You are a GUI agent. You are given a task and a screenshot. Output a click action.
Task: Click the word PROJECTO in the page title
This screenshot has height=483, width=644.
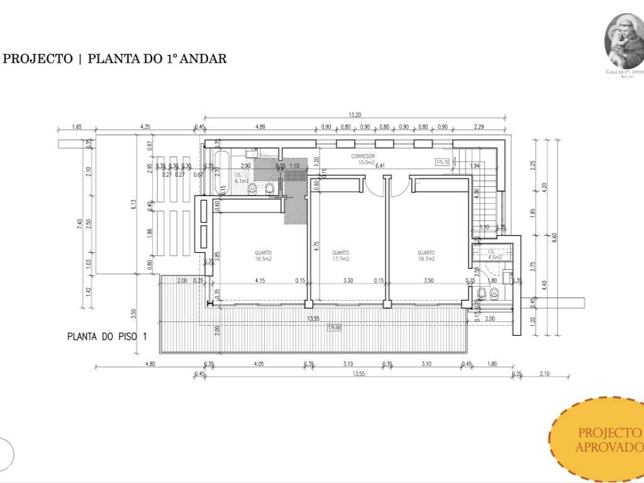tap(38, 59)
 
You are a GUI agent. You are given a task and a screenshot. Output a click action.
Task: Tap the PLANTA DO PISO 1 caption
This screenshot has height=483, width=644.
tap(107, 336)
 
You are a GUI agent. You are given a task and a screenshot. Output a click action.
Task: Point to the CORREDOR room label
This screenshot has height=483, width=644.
tap(363, 155)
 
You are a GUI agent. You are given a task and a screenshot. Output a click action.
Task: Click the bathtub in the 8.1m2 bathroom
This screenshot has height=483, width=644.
tap(221, 172)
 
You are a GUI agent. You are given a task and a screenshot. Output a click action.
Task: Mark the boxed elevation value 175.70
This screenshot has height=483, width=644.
tap(443, 162)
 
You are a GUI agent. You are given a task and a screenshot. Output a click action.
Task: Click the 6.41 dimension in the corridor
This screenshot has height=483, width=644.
tap(380, 166)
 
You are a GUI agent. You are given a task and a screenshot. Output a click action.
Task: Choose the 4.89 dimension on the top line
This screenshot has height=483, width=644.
tap(260, 127)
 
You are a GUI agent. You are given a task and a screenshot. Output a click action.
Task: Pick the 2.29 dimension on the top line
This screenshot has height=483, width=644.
tap(479, 127)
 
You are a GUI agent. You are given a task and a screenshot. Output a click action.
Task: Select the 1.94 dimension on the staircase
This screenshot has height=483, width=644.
tap(475, 165)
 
